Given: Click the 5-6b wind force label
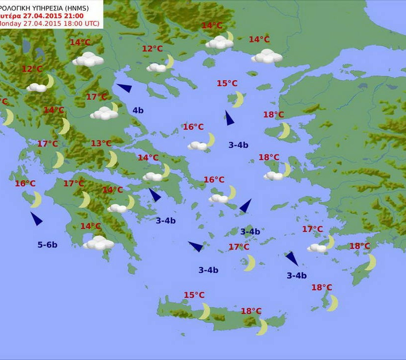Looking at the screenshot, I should (x=48, y=244).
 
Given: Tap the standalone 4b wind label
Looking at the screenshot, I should (x=138, y=110).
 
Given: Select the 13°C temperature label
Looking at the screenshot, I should (x=101, y=144).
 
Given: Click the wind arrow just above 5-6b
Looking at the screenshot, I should (x=36, y=218).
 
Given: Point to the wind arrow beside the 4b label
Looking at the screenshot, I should (x=124, y=88).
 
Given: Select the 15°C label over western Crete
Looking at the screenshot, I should (x=194, y=295).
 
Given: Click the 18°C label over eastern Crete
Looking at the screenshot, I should (x=251, y=311).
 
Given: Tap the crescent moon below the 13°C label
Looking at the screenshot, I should (x=112, y=159).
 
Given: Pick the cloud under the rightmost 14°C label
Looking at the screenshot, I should (x=267, y=56).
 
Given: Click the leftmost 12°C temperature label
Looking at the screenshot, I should (x=32, y=69).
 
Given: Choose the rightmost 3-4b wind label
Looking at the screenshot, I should (x=297, y=276).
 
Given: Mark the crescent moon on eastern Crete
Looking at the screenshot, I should (x=262, y=327).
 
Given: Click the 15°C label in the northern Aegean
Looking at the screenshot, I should (x=227, y=83).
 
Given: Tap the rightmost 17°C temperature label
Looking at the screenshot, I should (x=312, y=229).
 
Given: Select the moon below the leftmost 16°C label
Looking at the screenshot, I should (x=36, y=200).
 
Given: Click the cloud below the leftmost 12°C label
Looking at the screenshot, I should (x=37, y=87).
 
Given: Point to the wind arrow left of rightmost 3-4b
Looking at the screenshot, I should (x=291, y=258).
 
